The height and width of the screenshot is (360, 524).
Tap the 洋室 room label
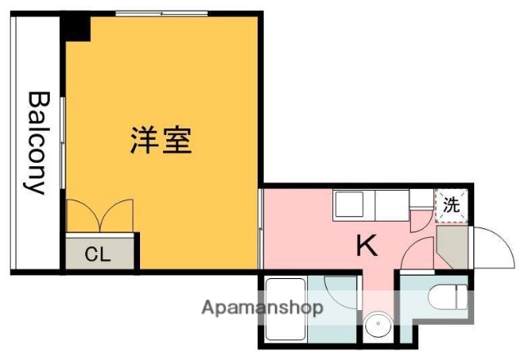pyautogui.click(x=160, y=141)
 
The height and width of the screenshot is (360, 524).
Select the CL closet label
pyautogui.click(x=97, y=253)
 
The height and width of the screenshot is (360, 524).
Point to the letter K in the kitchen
pyautogui.click(x=366, y=245)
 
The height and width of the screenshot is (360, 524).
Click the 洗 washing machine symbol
pyautogui.click(x=452, y=205)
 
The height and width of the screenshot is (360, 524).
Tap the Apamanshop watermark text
pyautogui.click(x=262, y=308)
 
